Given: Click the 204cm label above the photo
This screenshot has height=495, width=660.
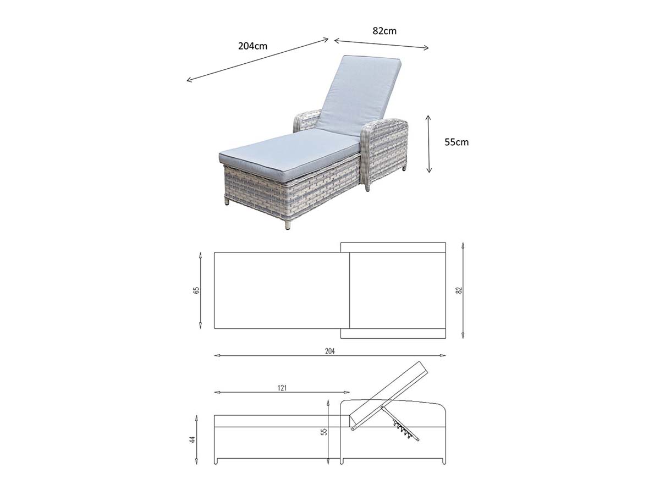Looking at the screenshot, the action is pos(252,46).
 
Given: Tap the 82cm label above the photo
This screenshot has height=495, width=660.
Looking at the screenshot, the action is pos(384,31).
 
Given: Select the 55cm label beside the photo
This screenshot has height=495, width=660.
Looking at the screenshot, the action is pos(457,142).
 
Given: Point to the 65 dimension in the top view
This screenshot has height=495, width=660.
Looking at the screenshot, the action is pos(197,290).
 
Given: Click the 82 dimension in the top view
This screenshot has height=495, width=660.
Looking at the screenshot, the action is pos(459,290).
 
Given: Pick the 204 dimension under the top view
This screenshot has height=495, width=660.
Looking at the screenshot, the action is pos(330,351).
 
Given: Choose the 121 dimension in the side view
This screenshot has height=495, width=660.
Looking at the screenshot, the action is pos(282,388).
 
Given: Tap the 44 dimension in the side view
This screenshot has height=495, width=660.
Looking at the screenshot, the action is pos(193,439).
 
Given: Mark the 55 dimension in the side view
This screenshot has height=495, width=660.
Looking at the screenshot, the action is pos(324,432).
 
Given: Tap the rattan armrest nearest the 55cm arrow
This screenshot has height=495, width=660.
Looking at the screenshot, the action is pos(386,150).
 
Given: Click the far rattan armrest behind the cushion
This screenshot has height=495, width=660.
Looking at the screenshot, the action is pos(307,122).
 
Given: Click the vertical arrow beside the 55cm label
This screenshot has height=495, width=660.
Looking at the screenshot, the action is pos(429,144).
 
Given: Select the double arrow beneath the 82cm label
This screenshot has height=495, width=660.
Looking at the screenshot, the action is pos(381,44).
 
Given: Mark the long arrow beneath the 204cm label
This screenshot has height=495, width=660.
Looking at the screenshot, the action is pos(257,59).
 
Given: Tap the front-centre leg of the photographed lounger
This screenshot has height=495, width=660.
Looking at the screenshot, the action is pos(288,225).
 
